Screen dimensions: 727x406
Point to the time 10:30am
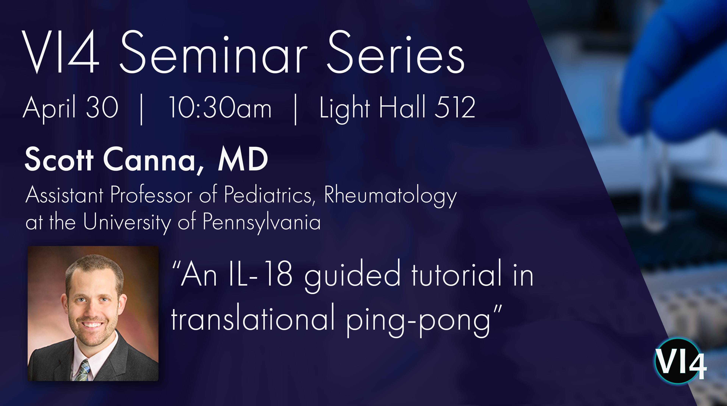pos(220,107)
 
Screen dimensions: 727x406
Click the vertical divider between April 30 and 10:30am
pos(141,109)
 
